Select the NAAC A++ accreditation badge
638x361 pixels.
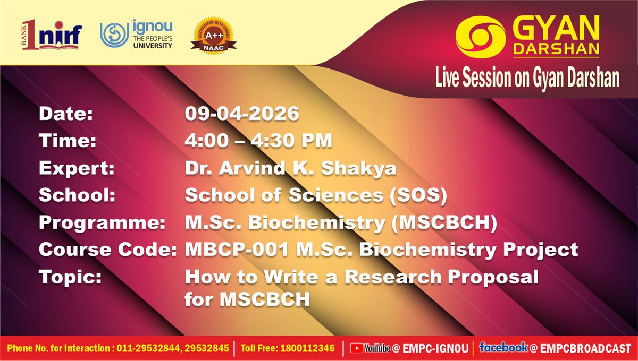(x=213, y=35)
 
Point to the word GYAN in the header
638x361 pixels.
(x=556, y=27)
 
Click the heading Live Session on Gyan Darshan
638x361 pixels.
(x=527, y=78)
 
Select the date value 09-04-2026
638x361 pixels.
(x=242, y=114)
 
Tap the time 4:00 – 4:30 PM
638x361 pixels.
(x=258, y=141)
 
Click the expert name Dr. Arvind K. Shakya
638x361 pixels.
(x=290, y=168)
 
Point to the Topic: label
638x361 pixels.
(x=66, y=277)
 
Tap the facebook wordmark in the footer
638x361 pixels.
(x=503, y=348)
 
